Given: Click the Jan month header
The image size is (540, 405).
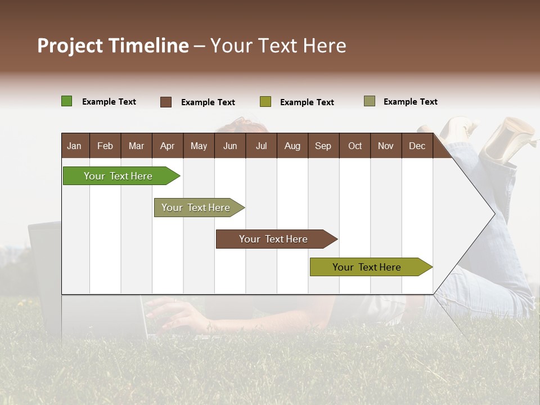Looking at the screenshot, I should tap(74, 146).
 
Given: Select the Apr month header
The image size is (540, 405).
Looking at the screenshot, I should tap(167, 146).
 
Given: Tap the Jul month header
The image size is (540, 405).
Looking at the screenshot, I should tap(261, 146).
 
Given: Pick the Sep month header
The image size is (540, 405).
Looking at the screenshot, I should tap(323, 146).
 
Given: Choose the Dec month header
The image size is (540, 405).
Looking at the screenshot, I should tap(417, 146).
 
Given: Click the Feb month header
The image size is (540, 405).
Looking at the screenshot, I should tap(105, 146).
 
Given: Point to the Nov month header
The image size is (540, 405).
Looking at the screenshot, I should tap(385, 146).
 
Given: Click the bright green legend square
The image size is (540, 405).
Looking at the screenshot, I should tap(66, 101).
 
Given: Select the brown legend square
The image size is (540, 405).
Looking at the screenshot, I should tap(166, 102).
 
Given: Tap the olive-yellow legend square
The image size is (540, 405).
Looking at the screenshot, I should tap(265, 102).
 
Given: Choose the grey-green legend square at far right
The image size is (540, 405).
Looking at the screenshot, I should tap(370, 101).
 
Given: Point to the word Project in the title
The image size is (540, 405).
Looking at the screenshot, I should tap(70, 46).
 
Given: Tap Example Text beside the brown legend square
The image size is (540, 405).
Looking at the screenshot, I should tap(208, 102).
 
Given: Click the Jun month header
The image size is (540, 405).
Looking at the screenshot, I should tap(229, 146).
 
